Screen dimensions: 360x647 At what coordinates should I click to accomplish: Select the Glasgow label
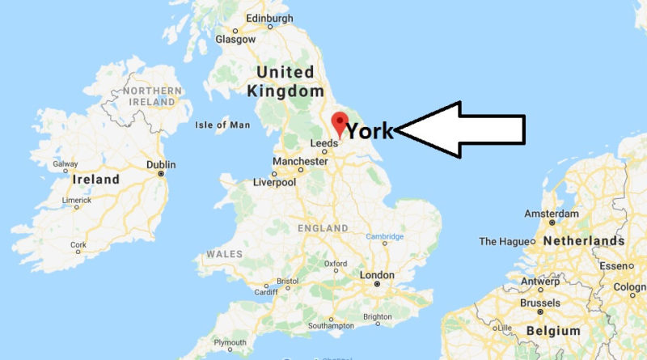click(x=235, y=39)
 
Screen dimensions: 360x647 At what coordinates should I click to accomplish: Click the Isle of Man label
click(x=223, y=125)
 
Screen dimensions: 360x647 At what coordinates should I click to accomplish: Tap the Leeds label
click(x=324, y=145)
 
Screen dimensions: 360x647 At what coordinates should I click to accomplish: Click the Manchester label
click(x=299, y=162)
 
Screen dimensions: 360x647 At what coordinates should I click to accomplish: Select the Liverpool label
click(x=275, y=182)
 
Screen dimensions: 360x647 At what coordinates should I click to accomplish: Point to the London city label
click(x=376, y=275)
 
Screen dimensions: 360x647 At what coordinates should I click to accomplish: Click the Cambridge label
click(x=385, y=236)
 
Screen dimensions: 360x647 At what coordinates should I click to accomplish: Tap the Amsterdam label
click(x=552, y=214)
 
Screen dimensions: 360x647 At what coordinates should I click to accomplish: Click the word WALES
click(x=225, y=253)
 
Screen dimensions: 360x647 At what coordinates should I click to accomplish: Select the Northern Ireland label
click(x=150, y=96)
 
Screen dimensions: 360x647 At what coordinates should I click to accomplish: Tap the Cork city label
click(x=78, y=245)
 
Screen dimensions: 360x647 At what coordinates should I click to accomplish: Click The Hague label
click(x=505, y=241)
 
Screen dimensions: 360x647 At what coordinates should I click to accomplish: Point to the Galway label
click(x=66, y=163)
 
